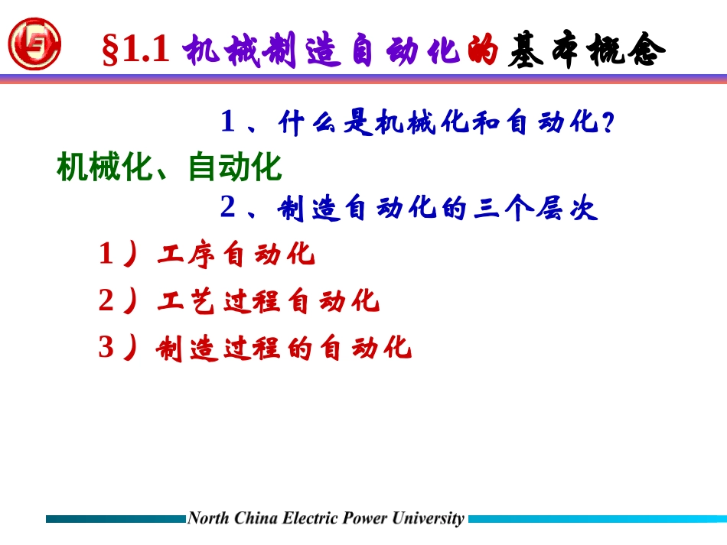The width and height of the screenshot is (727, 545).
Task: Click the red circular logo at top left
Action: pyautogui.click(x=34, y=44)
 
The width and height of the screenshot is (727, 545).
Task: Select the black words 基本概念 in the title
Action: pyautogui.click(x=587, y=51)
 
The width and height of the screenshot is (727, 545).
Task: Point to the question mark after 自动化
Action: pyautogui.click(x=608, y=122)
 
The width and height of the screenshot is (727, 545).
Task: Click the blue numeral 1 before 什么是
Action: pyautogui.click(x=227, y=122)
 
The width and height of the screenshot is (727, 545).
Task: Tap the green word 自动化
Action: pyautogui.click(x=235, y=167)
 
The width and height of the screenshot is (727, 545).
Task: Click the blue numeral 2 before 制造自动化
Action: pyautogui.click(x=227, y=208)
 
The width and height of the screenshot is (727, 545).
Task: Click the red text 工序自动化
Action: pyautogui.click(x=236, y=255)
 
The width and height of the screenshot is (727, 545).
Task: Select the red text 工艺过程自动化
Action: pyautogui.click(x=268, y=301)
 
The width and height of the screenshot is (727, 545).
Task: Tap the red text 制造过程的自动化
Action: pyautogui.click(x=284, y=349)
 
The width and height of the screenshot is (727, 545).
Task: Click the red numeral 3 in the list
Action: pyautogui.click(x=106, y=349)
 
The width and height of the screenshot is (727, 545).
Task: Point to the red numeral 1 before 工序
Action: pyautogui.click(x=106, y=255)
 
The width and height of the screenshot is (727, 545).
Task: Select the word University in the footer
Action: pyautogui.click(x=428, y=518)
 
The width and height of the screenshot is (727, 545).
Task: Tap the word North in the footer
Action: pyautogui.click(x=206, y=518)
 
